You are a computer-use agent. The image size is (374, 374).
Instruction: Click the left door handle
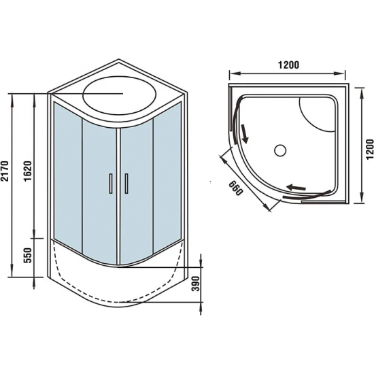coord(109,185)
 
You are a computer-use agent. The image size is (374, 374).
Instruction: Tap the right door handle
coord(126,185)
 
